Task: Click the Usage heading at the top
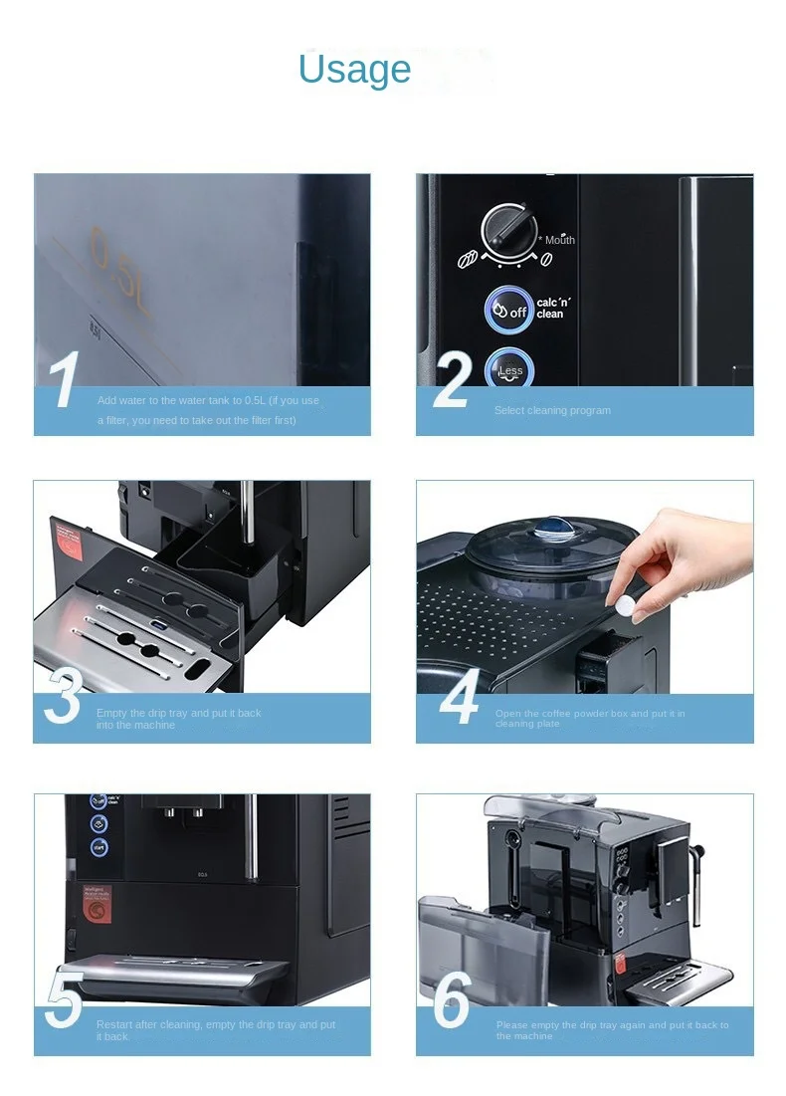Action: [x=354, y=70]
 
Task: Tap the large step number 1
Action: [x=65, y=381]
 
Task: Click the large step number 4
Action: [x=460, y=700]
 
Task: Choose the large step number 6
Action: [x=454, y=1001]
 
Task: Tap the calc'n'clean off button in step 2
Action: [x=509, y=310]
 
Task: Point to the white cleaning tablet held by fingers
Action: [x=625, y=605]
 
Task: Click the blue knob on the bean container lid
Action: [x=548, y=526]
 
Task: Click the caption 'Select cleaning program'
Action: [x=552, y=410]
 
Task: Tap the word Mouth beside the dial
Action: [x=559, y=240]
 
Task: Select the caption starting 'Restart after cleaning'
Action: [x=216, y=1030]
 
